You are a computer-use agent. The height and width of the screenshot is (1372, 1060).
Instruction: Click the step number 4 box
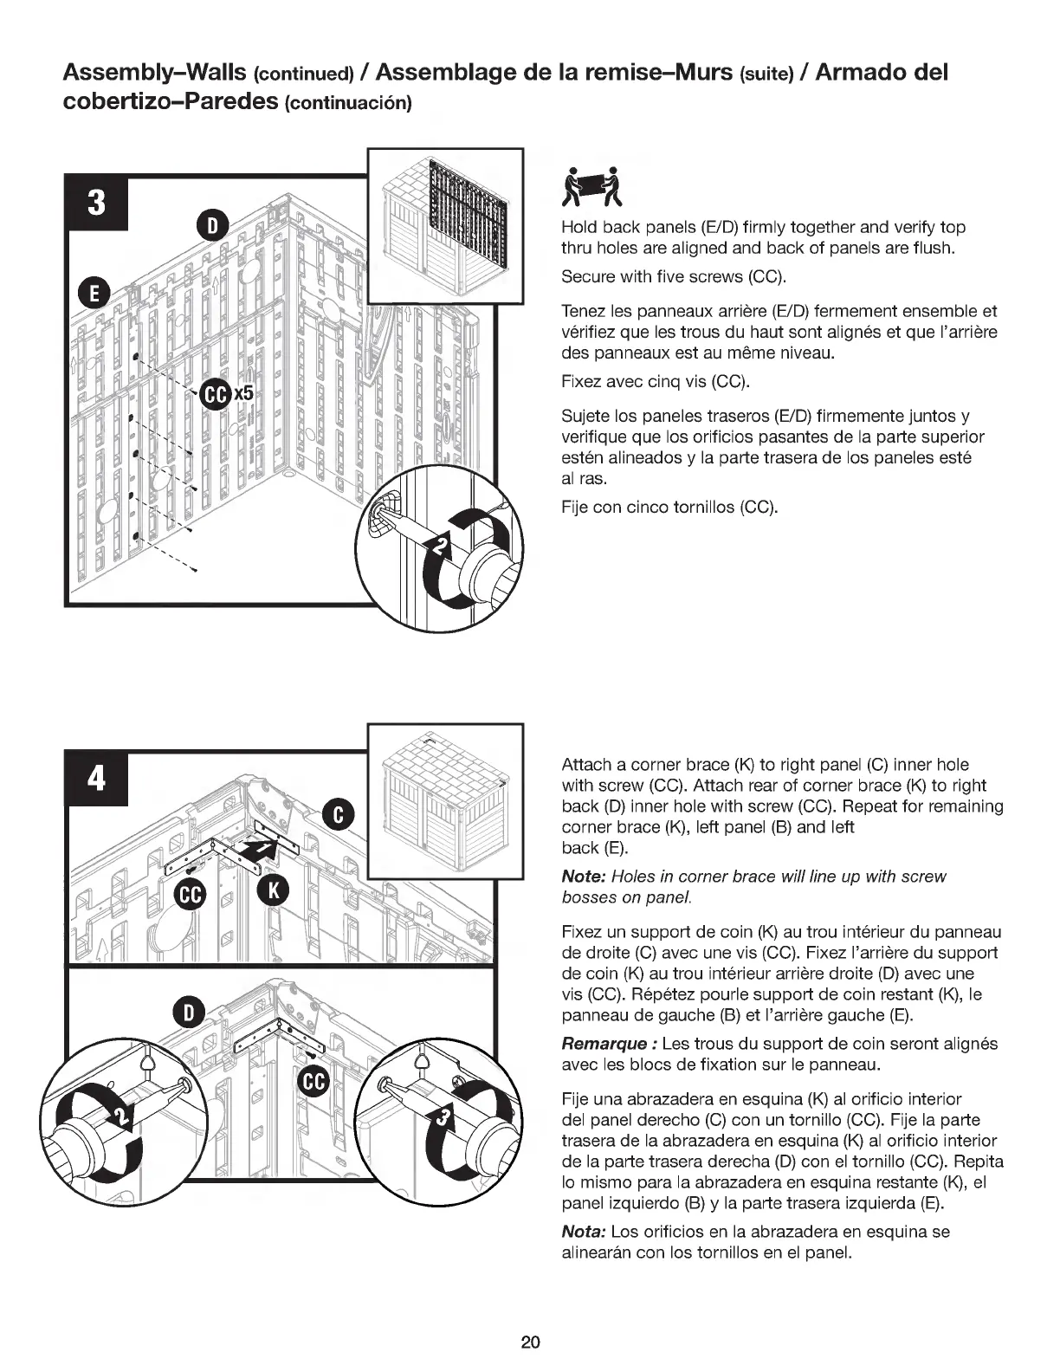pos(97,779)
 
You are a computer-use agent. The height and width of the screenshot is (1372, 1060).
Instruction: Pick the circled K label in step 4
pos(272,891)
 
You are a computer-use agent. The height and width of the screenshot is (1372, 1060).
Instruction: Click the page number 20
pos(530,1342)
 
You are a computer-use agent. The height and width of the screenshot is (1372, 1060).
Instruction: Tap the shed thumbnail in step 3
pos(446,225)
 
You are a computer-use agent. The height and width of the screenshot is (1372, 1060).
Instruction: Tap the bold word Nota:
pos(583,1232)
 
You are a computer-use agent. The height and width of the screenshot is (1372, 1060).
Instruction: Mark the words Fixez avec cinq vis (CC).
pos(655,382)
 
